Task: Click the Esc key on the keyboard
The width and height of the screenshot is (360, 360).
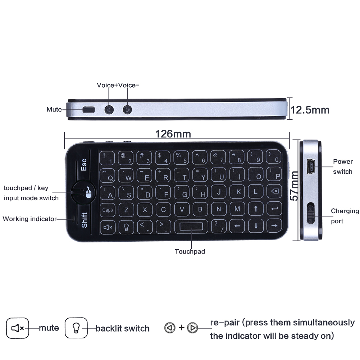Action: tap(84, 165)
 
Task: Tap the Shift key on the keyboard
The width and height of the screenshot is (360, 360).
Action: tap(84, 220)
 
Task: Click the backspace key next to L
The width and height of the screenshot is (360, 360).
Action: tap(274, 191)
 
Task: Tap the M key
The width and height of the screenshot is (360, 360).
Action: tap(237, 209)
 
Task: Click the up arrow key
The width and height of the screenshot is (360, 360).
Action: tap(256, 209)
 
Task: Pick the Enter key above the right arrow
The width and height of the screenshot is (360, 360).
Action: tap(274, 209)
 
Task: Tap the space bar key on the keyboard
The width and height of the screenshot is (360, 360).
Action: tap(191, 226)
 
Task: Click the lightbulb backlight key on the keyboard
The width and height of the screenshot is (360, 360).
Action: tap(126, 227)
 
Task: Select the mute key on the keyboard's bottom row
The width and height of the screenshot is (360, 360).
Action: tap(108, 227)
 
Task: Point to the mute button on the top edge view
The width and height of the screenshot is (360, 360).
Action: tap(89, 110)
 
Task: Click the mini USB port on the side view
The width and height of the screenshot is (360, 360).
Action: tap(310, 167)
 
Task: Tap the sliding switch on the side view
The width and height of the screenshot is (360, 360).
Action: tap(310, 213)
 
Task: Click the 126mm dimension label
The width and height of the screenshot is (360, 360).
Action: tap(173, 134)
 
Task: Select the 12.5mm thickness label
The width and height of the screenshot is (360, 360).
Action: tap(310, 110)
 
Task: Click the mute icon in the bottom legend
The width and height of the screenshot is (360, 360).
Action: tap(18, 328)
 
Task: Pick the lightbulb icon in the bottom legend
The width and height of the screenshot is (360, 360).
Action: tap(76, 328)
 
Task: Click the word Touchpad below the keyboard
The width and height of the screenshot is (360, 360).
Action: tap(190, 251)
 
